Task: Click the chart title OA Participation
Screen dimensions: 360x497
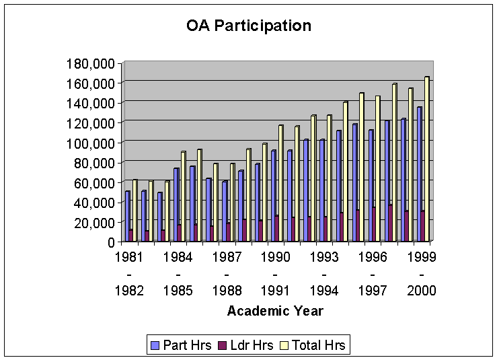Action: [248, 26]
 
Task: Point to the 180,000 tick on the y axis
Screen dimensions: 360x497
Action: [93, 64]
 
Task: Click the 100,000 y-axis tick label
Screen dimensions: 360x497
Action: [93, 143]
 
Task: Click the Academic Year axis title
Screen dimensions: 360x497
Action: [275, 311]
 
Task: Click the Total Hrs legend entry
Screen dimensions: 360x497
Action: [315, 346]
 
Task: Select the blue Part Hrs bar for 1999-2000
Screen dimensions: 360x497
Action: [419, 174]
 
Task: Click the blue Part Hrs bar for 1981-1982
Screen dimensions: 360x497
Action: [127, 216]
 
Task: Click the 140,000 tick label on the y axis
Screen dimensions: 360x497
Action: [93, 104]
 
